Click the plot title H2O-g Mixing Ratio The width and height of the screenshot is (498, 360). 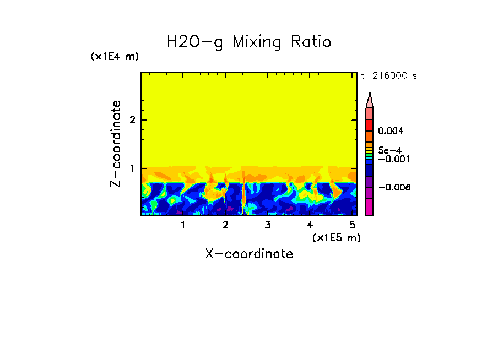point(249,42)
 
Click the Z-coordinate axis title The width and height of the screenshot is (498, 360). point(116,144)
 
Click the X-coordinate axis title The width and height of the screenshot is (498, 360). point(249,254)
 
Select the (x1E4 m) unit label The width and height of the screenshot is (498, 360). point(115,57)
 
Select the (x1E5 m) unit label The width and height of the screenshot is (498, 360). point(336,237)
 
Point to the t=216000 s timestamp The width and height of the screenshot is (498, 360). point(388,76)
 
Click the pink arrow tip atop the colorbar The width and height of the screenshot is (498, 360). point(370,100)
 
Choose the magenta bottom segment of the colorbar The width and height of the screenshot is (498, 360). point(370,207)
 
